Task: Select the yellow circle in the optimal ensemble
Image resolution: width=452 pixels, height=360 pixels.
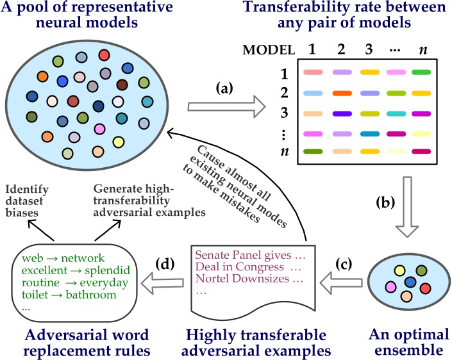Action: coord(398,272)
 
